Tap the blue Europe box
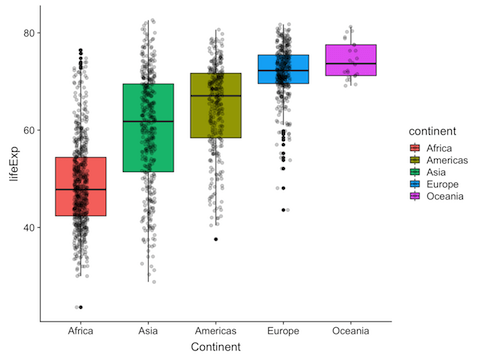pyautogui.click(x=283, y=69)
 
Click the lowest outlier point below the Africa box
pyautogui.click(x=80, y=307)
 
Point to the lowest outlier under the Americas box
pyautogui.click(x=215, y=239)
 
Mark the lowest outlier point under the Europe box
pyautogui.click(x=283, y=210)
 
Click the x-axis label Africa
pyautogui.click(x=81, y=331)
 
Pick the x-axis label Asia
pyautogui.click(x=148, y=331)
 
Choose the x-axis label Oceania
pyautogui.click(x=351, y=331)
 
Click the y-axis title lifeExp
pyautogui.click(x=11, y=164)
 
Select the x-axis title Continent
pyautogui.click(x=216, y=347)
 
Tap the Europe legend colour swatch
pyautogui.click(x=404, y=183)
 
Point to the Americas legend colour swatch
pyautogui.click(x=404, y=159)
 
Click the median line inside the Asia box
pyautogui.click(x=148, y=121)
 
